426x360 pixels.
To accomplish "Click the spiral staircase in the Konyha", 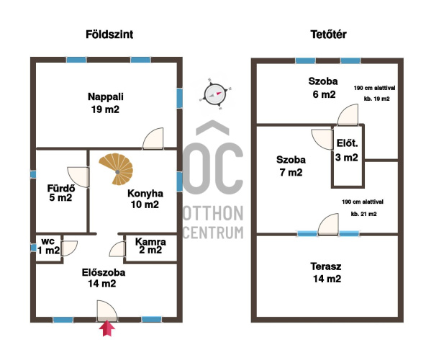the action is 117,169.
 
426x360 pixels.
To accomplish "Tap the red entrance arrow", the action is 107,328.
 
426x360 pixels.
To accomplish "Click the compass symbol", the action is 215,94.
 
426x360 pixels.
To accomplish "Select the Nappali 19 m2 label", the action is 105,103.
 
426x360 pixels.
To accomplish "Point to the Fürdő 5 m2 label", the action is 60,193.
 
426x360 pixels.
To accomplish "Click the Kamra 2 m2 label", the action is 150,246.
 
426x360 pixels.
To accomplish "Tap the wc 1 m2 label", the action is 48,246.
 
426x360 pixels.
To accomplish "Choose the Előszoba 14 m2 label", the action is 104,278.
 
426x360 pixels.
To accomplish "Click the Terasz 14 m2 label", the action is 326,272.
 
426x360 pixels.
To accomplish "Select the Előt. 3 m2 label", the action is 347,150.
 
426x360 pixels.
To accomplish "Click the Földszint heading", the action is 109,35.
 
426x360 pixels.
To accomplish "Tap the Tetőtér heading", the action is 328,35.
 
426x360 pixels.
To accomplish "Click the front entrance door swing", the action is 107,311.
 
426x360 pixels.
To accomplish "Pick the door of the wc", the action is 69,248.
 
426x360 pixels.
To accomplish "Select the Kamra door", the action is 117,249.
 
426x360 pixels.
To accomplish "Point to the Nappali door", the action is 153,138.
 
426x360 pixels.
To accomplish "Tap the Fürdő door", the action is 78,177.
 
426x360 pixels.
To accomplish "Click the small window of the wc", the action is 33,248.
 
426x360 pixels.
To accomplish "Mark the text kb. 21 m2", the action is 364,214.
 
